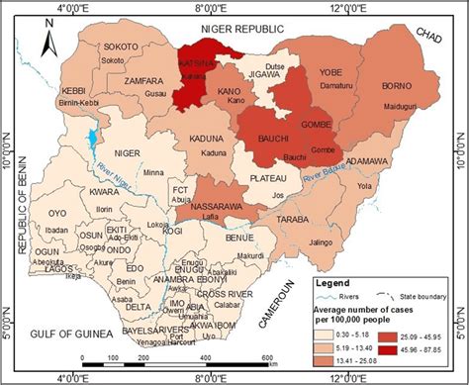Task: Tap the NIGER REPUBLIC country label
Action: pos(242,31)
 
